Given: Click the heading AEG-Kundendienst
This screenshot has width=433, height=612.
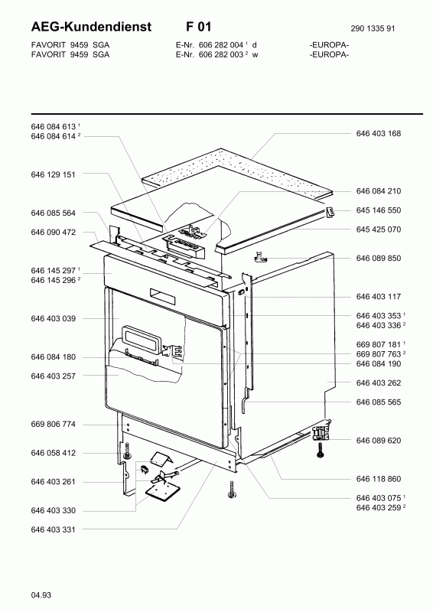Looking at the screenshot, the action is click(x=91, y=27).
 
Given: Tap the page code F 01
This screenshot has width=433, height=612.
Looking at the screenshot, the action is click(x=198, y=27).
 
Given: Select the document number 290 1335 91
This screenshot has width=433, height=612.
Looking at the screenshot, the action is click(x=373, y=28).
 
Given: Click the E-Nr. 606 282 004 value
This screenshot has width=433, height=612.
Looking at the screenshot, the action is click(x=221, y=45).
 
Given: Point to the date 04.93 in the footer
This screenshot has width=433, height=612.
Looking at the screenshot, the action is click(x=41, y=595).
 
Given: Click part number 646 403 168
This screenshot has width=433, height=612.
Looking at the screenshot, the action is click(x=379, y=133).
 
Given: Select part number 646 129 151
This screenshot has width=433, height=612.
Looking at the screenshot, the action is click(x=53, y=174).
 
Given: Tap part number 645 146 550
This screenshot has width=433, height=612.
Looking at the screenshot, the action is click(x=379, y=210).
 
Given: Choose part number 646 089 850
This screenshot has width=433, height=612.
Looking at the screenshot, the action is click(x=379, y=259).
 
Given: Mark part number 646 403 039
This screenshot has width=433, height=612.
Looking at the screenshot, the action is click(x=53, y=318).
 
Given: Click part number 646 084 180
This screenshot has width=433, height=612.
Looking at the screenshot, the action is click(x=53, y=357).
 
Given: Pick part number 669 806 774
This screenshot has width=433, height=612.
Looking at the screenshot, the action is click(x=53, y=425).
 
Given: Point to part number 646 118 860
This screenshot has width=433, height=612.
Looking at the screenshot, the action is click(x=379, y=479).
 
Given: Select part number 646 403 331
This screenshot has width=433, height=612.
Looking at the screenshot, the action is click(x=53, y=529).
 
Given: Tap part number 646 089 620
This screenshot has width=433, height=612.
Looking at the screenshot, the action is click(x=379, y=441).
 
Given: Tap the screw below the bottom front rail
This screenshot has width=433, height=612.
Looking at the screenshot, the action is click(x=231, y=489).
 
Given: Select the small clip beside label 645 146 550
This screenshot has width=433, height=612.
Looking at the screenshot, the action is click(x=330, y=213).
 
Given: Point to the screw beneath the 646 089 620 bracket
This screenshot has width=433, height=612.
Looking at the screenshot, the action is click(x=321, y=450).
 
